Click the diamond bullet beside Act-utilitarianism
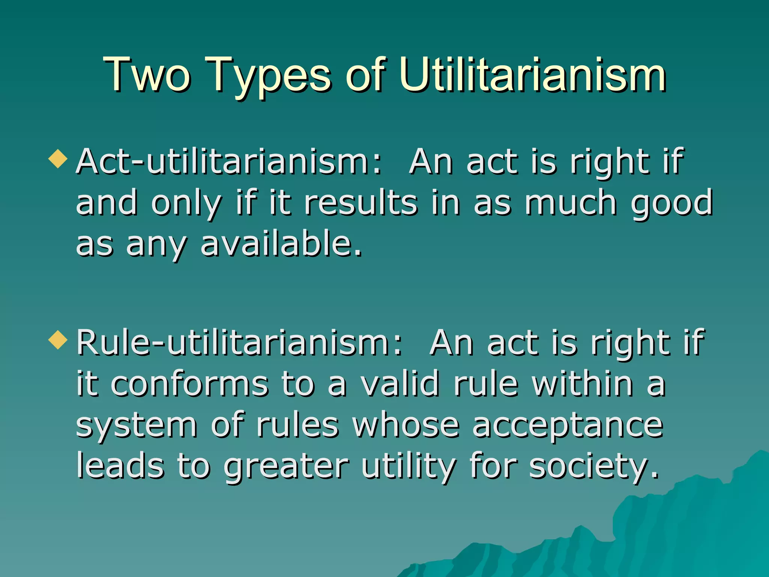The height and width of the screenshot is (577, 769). [58, 159]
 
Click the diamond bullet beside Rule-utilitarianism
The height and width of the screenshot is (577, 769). [58, 340]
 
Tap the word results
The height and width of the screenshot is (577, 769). [360, 203]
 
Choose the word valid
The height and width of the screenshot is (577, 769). [400, 384]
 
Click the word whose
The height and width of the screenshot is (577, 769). [406, 426]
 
